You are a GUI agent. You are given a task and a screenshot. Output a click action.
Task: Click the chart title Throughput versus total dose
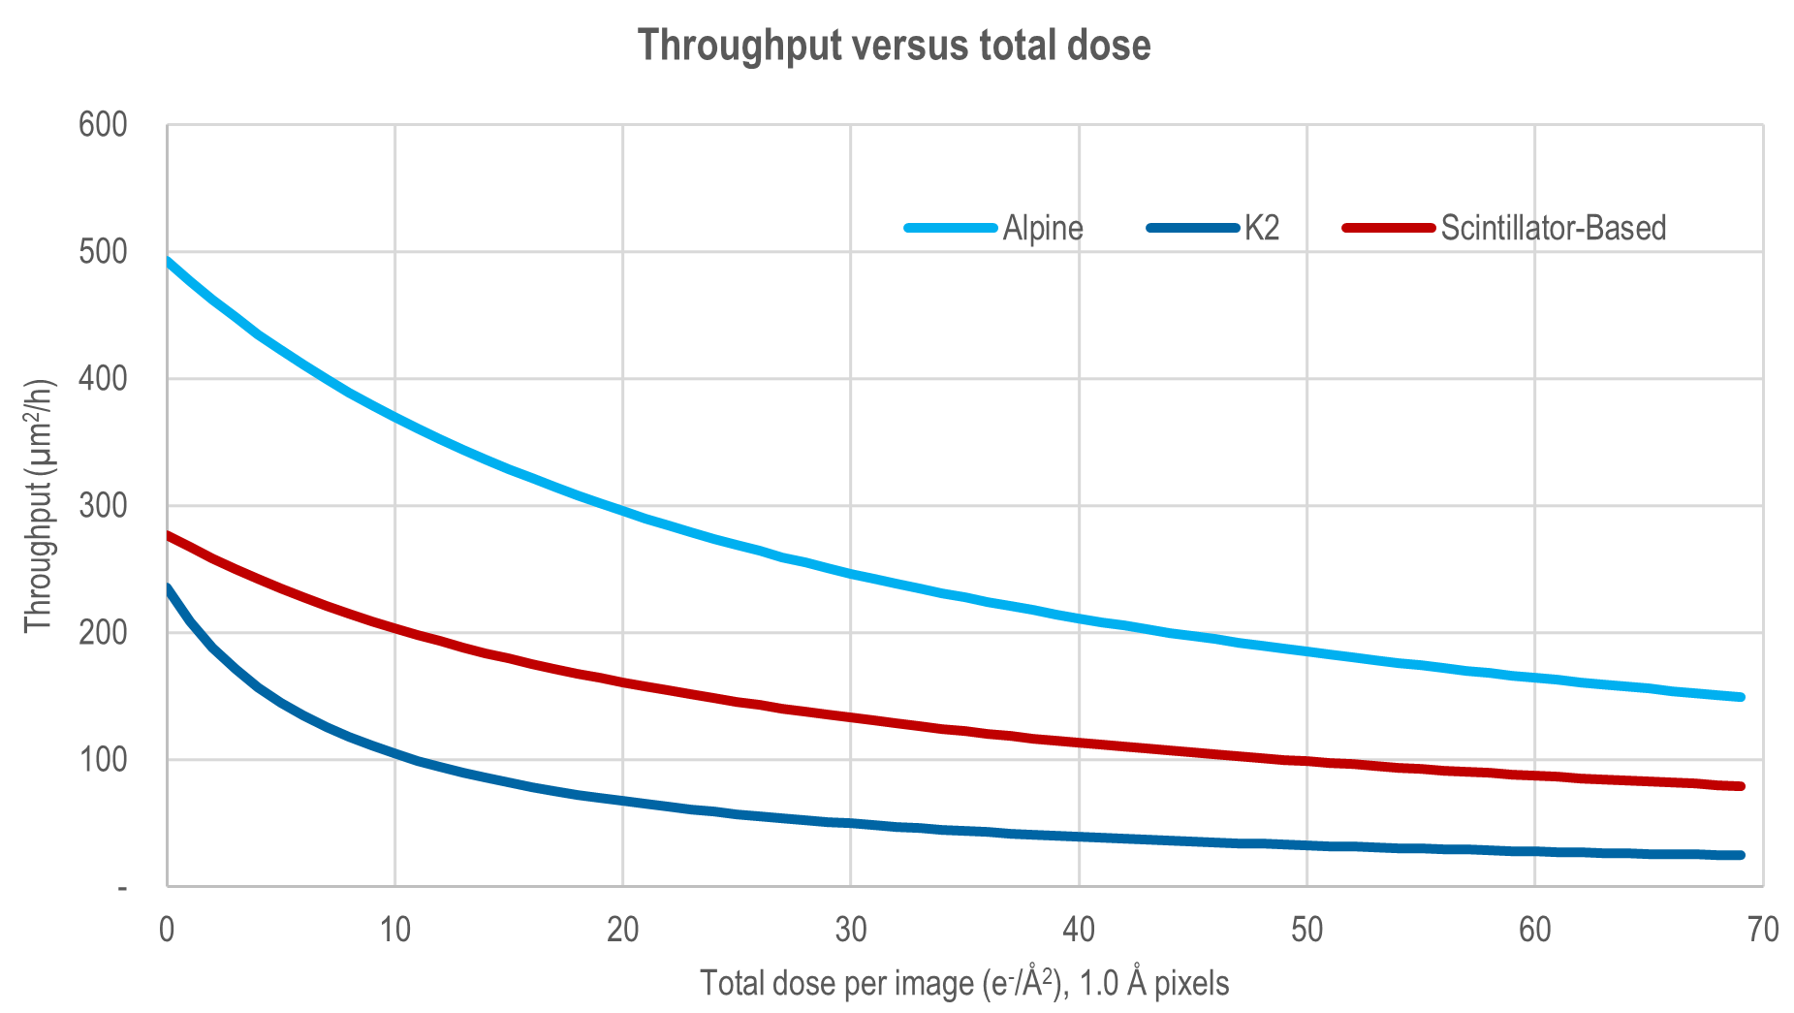(x=894, y=46)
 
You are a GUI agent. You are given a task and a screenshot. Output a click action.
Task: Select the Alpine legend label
(x=1042, y=228)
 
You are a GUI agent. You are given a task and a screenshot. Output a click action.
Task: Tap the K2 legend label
(x=1262, y=228)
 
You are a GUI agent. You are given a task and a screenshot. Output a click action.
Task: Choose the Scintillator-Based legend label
(x=1553, y=228)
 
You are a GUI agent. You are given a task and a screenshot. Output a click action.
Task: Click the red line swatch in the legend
(x=1388, y=228)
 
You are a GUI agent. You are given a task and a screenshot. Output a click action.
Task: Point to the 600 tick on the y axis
(x=103, y=125)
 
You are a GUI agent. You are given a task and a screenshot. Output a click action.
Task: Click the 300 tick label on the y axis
(x=103, y=506)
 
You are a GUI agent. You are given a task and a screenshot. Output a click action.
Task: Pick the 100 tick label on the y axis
(x=103, y=760)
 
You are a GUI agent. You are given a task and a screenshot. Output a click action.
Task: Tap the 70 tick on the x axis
(x=1763, y=930)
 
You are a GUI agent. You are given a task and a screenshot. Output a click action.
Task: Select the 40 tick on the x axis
(x=1079, y=930)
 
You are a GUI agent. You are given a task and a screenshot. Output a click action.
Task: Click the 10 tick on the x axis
(x=394, y=930)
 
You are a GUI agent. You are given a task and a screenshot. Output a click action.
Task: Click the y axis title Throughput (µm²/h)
(x=39, y=506)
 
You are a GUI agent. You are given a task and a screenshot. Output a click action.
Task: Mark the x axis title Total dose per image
(x=963, y=983)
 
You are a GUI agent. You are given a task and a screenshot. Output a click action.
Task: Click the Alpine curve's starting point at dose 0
(x=169, y=260)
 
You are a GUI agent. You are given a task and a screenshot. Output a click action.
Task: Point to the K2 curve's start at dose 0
(x=169, y=587)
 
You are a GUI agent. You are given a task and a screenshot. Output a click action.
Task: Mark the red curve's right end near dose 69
(x=1740, y=786)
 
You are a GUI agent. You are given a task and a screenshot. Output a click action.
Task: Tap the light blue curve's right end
(x=1740, y=697)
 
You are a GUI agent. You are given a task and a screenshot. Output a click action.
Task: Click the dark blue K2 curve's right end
(x=1740, y=855)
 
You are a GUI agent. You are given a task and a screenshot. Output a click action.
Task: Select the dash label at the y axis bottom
(x=122, y=887)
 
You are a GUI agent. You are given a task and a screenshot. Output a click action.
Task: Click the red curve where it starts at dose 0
(x=169, y=535)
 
